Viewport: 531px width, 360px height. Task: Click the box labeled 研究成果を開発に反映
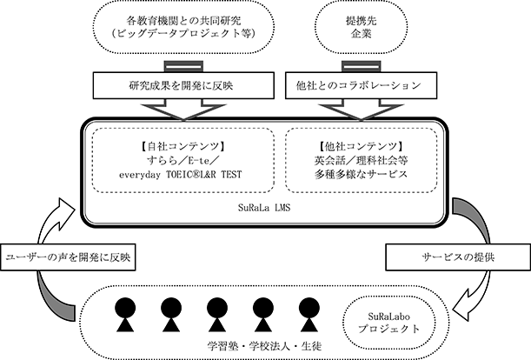(183, 85)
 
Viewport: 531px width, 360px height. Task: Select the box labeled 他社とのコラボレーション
(361, 85)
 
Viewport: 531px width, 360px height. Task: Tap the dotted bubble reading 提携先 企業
(361, 27)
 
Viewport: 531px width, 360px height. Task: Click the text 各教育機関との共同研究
(183, 21)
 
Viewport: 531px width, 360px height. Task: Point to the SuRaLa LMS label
(264, 208)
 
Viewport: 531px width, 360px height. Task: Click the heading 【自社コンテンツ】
(183, 146)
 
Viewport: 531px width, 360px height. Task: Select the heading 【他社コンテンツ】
(361, 146)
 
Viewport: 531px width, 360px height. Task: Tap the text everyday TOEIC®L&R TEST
(181, 175)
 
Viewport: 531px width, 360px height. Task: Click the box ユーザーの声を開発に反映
(68, 257)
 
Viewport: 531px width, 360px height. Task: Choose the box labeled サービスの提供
(458, 257)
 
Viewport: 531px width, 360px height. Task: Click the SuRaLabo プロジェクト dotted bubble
(388, 323)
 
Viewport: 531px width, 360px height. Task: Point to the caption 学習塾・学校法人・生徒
(264, 346)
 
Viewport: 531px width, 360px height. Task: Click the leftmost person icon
(125, 314)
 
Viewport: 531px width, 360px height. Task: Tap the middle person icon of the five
(217, 314)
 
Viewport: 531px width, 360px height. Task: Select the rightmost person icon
(309, 314)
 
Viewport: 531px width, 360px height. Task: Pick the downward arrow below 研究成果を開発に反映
(183, 110)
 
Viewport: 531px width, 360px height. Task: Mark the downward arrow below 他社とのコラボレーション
(361, 110)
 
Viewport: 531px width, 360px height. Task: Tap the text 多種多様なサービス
(361, 174)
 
